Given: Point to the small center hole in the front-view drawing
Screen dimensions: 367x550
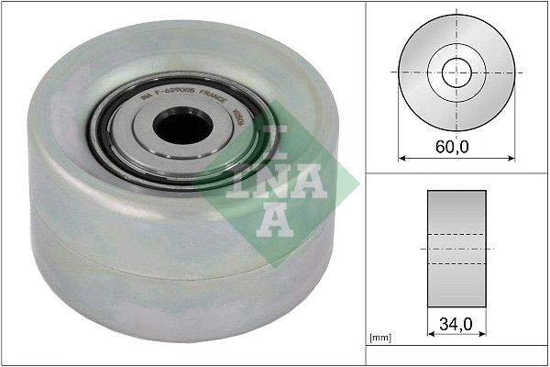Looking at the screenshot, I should click(456, 71).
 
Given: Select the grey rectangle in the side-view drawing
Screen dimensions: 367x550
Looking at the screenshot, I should click(456, 249).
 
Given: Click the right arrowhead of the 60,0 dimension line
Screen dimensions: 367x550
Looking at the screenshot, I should click(511, 158).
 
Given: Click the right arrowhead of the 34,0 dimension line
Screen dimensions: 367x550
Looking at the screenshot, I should click(483, 338).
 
